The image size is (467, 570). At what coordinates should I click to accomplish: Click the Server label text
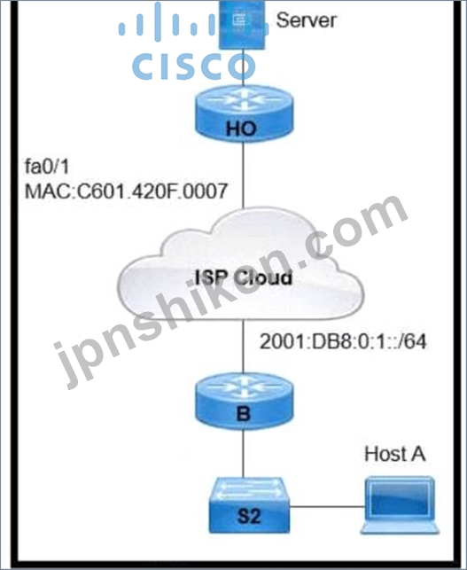coord(306,20)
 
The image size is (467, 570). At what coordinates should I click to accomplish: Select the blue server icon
coord(242,25)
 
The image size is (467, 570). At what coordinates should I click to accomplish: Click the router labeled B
coord(244,402)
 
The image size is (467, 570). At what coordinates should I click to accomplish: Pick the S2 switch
coord(249,505)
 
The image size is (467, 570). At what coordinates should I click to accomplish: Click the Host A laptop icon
coord(400,505)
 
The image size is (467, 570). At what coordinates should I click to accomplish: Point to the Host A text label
coord(394,454)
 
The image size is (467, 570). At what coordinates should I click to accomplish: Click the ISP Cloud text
coord(244,277)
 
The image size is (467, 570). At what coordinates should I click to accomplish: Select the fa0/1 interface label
coord(46,167)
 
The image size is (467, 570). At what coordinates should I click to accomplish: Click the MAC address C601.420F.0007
coord(126,191)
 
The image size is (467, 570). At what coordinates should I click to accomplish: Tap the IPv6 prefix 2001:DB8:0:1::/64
coord(343,341)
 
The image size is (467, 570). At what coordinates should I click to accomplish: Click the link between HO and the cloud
coord(244,176)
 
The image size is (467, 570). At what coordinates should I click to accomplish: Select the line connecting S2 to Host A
coord(327,506)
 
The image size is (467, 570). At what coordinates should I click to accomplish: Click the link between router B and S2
coord(244,454)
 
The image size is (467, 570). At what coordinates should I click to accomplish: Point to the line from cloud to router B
coord(244,346)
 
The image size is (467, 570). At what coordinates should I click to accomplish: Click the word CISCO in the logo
coord(193,66)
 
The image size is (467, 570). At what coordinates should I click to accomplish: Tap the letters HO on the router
coord(241,129)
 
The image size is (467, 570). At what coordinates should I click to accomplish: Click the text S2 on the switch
coord(249,516)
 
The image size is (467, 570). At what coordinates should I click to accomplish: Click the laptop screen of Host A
coord(400,499)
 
